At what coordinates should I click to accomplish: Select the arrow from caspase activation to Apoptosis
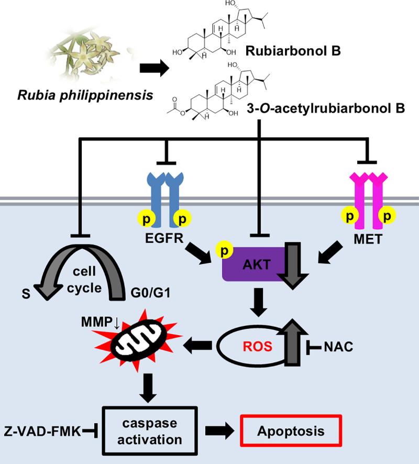[x=220, y=431]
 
